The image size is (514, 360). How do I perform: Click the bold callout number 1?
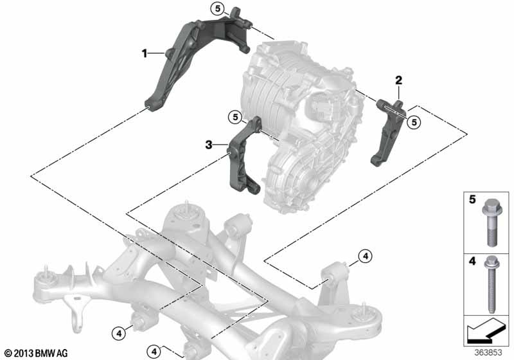click(144, 53)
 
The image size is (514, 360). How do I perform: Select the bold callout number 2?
click(398, 80)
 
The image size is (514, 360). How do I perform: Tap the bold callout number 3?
click(209, 145)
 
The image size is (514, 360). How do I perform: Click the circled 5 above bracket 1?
click(218, 8)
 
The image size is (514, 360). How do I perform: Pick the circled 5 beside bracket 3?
click(235, 117)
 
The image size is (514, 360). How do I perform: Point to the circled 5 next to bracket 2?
click(414, 122)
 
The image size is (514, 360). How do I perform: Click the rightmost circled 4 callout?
click(366, 256)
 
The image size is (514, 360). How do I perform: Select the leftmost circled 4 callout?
click(119, 334)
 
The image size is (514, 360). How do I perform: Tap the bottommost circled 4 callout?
click(154, 352)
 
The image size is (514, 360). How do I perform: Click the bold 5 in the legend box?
click(472, 199)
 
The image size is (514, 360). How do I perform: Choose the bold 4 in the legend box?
click(472, 261)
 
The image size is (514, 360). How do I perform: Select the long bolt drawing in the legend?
click(492, 285)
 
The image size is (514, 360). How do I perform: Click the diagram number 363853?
click(488, 352)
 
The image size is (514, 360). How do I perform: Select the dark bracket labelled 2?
click(389, 131)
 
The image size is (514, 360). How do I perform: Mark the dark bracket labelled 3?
click(244, 156)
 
